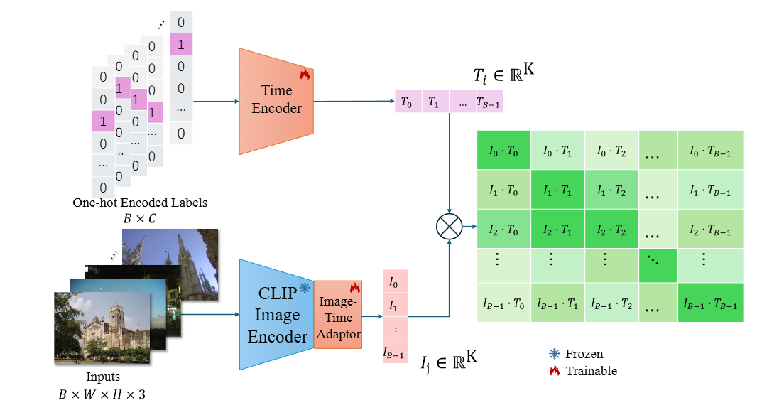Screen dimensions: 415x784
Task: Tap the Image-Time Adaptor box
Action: point(338,314)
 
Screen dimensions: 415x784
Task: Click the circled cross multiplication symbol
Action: point(449,228)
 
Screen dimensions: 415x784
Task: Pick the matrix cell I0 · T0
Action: point(504,151)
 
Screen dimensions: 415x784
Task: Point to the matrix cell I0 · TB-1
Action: point(710,151)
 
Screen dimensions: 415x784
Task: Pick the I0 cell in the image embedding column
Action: point(395,282)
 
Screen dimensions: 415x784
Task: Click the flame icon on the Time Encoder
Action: point(305,73)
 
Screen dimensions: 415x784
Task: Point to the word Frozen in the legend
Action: point(584,354)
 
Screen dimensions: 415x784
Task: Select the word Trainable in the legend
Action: point(592,371)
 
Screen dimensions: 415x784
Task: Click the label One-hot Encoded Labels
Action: point(140,203)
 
